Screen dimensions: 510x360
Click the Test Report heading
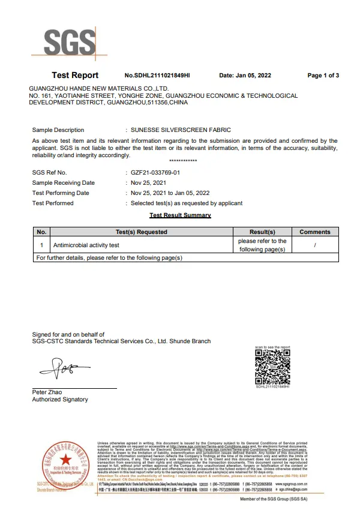tap(75, 76)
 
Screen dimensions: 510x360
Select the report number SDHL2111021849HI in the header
tap(157, 76)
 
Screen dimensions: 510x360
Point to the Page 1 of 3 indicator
tap(323, 76)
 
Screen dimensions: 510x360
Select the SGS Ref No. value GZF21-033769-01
tap(155, 173)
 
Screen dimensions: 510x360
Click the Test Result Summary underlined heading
tap(180, 215)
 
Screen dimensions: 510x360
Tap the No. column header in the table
tap(41, 232)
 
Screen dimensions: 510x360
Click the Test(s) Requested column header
tap(142, 232)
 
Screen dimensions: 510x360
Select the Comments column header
tap(315, 232)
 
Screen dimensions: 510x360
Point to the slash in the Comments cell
tap(315, 245)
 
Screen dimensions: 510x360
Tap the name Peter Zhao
tap(46, 392)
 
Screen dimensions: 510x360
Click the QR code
tap(272, 366)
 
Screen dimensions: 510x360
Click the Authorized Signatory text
tap(60, 400)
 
